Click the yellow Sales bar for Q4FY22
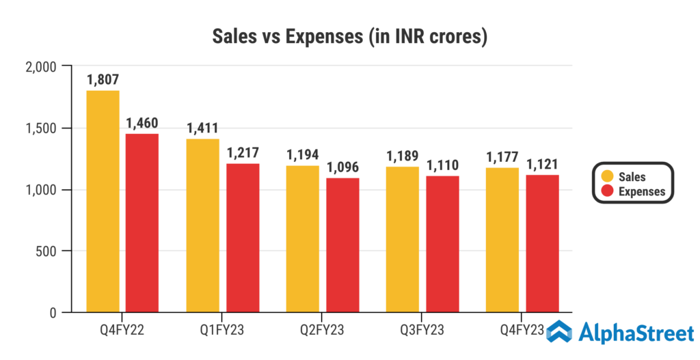click(x=103, y=202)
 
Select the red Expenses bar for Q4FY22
click(x=142, y=223)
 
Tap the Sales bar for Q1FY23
click(x=202, y=225)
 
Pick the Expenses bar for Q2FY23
click(x=342, y=245)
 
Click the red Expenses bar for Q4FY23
click(x=543, y=244)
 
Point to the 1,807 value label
click(x=103, y=80)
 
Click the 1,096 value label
click(x=342, y=167)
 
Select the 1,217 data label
click(x=243, y=153)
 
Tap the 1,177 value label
click(x=502, y=156)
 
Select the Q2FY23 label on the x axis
click(x=322, y=331)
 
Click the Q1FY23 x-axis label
click(x=222, y=331)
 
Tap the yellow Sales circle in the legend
click(x=605, y=177)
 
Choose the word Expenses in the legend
click(x=641, y=191)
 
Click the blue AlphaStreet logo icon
click(x=558, y=333)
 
